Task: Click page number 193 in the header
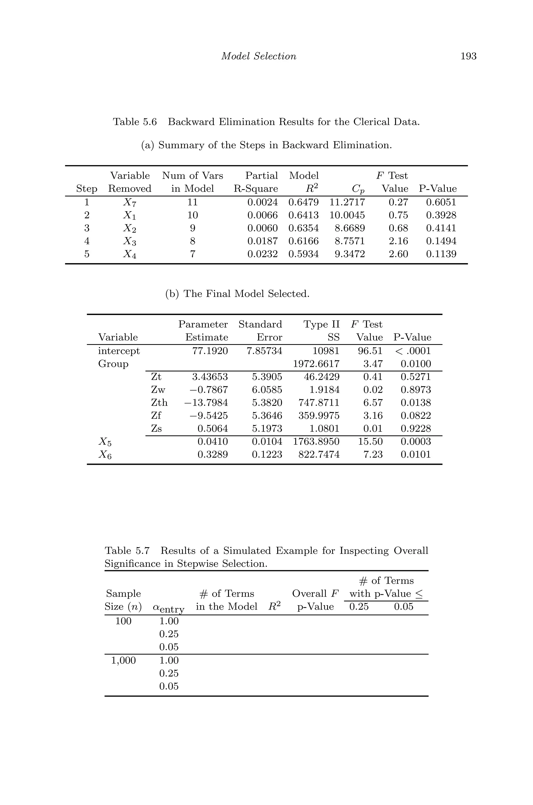coord(468,56)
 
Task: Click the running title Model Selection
coord(258,56)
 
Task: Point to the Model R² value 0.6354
coord(303,228)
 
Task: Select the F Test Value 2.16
coord(398,241)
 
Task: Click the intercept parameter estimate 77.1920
coord(210,351)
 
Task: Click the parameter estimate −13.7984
coord(206,402)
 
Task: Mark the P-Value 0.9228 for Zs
coord(415,428)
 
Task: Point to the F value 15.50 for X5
coord(370,441)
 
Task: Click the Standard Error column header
coord(260,331)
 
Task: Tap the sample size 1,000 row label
coord(123,660)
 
